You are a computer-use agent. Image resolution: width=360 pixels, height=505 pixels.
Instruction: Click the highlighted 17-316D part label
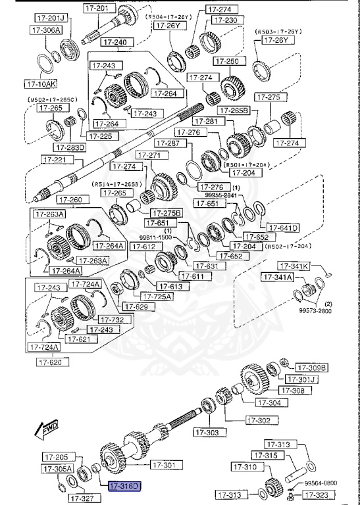click(124, 486)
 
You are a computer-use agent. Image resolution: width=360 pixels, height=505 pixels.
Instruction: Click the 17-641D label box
click(283, 228)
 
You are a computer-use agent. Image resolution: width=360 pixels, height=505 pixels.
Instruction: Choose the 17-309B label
click(311, 367)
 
